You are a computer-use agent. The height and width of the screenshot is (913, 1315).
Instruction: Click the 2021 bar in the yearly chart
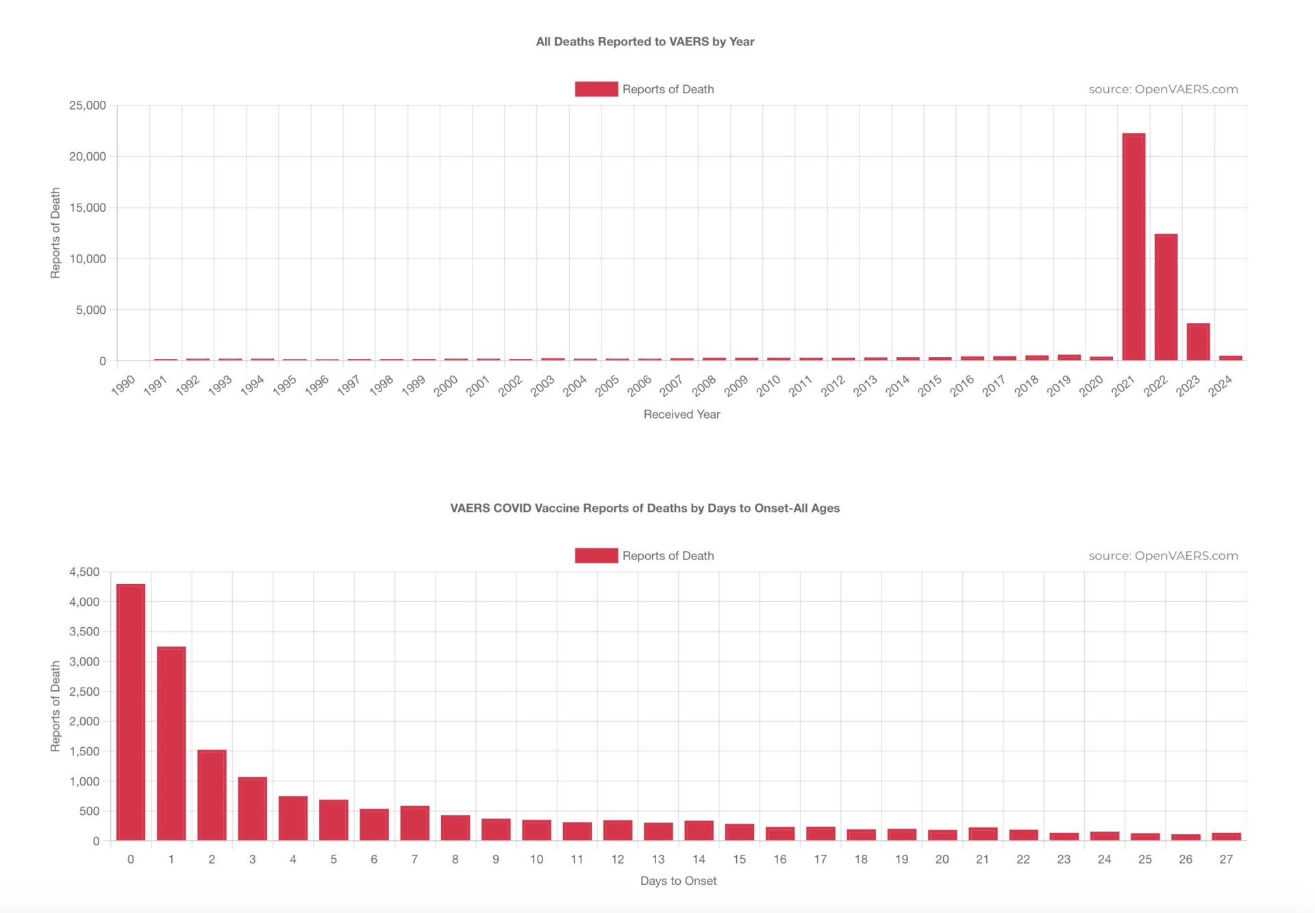pos(1134,247)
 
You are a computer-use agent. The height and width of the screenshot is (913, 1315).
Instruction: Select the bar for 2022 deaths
pos(1166,297)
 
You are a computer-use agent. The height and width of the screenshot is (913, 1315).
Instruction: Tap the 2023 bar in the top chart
pos(1198,341)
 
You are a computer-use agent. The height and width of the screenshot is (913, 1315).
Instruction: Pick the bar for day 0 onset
pos(131,712)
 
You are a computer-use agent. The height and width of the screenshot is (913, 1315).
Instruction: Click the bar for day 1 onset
pos(171,744)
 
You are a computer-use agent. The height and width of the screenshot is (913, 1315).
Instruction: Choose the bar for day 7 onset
pos(414,823)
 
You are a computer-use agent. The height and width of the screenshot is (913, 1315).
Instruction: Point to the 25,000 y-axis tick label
pos(88,106)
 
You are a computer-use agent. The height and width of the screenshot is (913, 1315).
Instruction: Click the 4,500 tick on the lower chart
pos(84,572)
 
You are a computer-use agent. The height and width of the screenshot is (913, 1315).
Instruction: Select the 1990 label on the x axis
pos(123,385)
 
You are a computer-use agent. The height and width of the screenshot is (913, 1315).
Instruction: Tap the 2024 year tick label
pos(1220,385)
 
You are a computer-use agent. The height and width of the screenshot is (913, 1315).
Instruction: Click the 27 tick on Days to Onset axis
pos(1226,860)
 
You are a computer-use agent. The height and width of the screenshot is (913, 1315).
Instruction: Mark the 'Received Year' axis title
pos(681,414)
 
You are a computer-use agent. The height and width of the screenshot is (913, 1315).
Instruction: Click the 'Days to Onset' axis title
pos(678,881)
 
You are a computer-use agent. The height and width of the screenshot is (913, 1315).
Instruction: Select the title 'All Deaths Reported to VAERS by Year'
pos(645,42)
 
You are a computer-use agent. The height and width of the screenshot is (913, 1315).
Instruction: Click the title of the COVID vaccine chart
pos(644,508)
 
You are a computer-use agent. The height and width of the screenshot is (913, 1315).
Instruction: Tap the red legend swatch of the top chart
pos(596,89)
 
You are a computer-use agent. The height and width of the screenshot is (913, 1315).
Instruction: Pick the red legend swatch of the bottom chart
pos(596,555)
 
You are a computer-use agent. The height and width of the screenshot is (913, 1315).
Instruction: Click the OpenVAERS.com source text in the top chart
pos(1163,89)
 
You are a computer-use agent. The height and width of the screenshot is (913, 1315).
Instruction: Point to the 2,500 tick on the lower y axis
pos(84,692)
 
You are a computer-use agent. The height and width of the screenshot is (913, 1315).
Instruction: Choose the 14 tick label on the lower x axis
pos(699,860)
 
